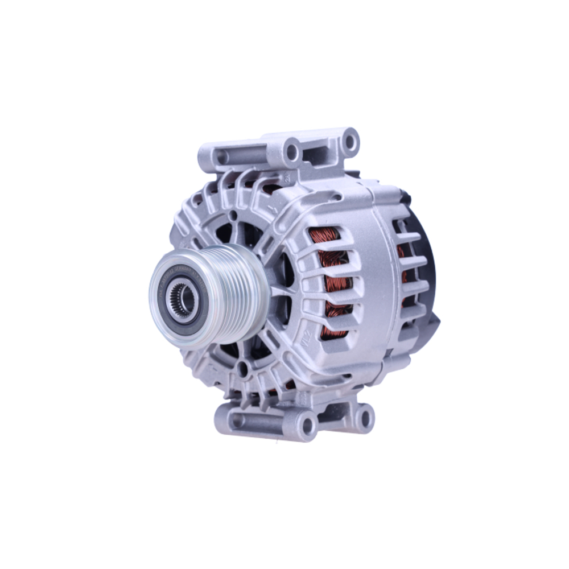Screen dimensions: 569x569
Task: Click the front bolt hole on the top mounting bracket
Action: point(292,151)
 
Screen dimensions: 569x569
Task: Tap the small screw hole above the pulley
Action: point(234,217)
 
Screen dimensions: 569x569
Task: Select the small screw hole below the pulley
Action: point(243,369)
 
